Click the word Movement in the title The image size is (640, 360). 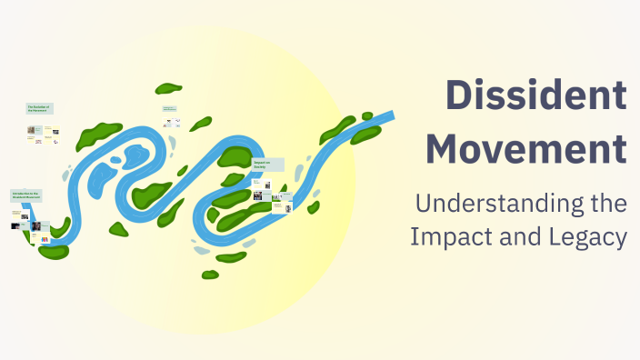[526, 147]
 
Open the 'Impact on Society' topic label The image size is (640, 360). [268, 165]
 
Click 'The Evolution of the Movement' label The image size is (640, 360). [40, 108]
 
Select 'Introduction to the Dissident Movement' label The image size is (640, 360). [25, 195]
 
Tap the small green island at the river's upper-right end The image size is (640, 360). [367, 116]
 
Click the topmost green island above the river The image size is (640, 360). [168, 88]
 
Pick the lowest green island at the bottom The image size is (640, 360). [210, 274]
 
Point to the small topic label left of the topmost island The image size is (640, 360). [169, 109]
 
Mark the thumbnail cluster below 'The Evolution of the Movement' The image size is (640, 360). [44, 131]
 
